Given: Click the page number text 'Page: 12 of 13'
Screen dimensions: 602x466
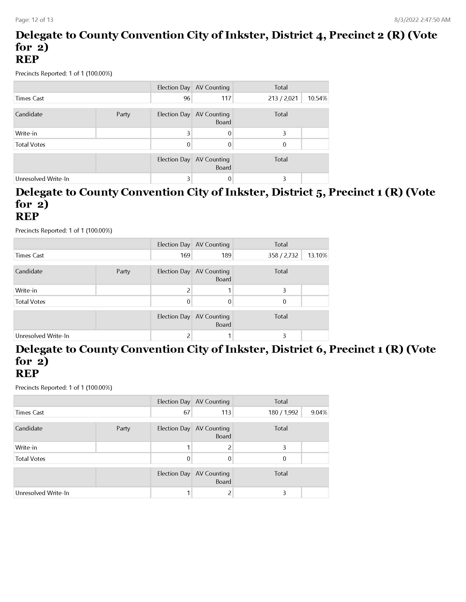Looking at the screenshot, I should pyautogui.click(x=34, y=20).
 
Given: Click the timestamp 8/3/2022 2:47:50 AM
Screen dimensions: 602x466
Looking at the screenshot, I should pyautogui.click(x=422, y=20).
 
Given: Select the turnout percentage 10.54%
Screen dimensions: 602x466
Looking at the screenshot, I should pyautogui.click(x=317, y=99).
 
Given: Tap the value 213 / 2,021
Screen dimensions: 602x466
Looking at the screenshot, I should pyautogui.click(x=283, y=99).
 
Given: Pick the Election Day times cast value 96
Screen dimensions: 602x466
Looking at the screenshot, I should pyautogui.click(x=187, y=99).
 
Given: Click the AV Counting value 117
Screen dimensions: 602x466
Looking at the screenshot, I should pyautogui.click(x=226, y=99).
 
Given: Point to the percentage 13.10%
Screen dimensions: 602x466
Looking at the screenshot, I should pyautogui.click(x=317, y=256).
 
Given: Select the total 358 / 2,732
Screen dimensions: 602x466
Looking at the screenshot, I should pyautogui.click(x=283, y=256).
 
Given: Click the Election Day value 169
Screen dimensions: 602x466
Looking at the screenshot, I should pyautogui.click(x=185, y=256).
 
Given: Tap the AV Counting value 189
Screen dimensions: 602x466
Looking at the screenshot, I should pyautogui.click(x=226, y=256).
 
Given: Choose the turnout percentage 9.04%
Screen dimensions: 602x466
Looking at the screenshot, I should pyautogui.click(x=319, y=413).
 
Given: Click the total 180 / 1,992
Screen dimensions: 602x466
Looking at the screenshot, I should pyautogui.click(x=283, y=413).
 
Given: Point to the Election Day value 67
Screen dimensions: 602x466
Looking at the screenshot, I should pyautogui.click(x=187, y=413).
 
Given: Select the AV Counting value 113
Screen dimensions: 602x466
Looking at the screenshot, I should pyautogui.click(x=226, y=413).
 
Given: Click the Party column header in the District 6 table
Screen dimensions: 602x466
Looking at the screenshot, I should pyautogui.click(x=123, y=428).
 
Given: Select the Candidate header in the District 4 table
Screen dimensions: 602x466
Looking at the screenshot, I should pyautogui.click(x=29, y=114).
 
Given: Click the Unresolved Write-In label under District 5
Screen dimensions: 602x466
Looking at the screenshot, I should pyautogui.click(x=42, y=336).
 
